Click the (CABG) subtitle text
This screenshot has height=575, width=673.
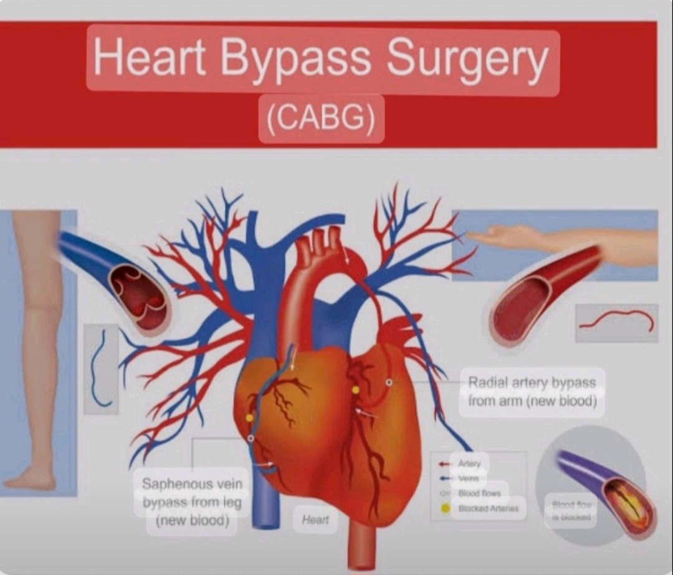coord(321,117)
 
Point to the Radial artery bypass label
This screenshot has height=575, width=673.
coord(532,391)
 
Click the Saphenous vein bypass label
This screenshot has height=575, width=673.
coord(191,501)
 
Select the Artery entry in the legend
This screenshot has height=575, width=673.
coord(469,463)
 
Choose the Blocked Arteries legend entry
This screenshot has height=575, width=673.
coord(488,508)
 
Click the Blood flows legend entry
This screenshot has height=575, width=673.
coord(479,493)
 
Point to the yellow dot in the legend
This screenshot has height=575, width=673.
coord(445,508)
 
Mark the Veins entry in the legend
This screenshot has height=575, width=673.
coord(469,478)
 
